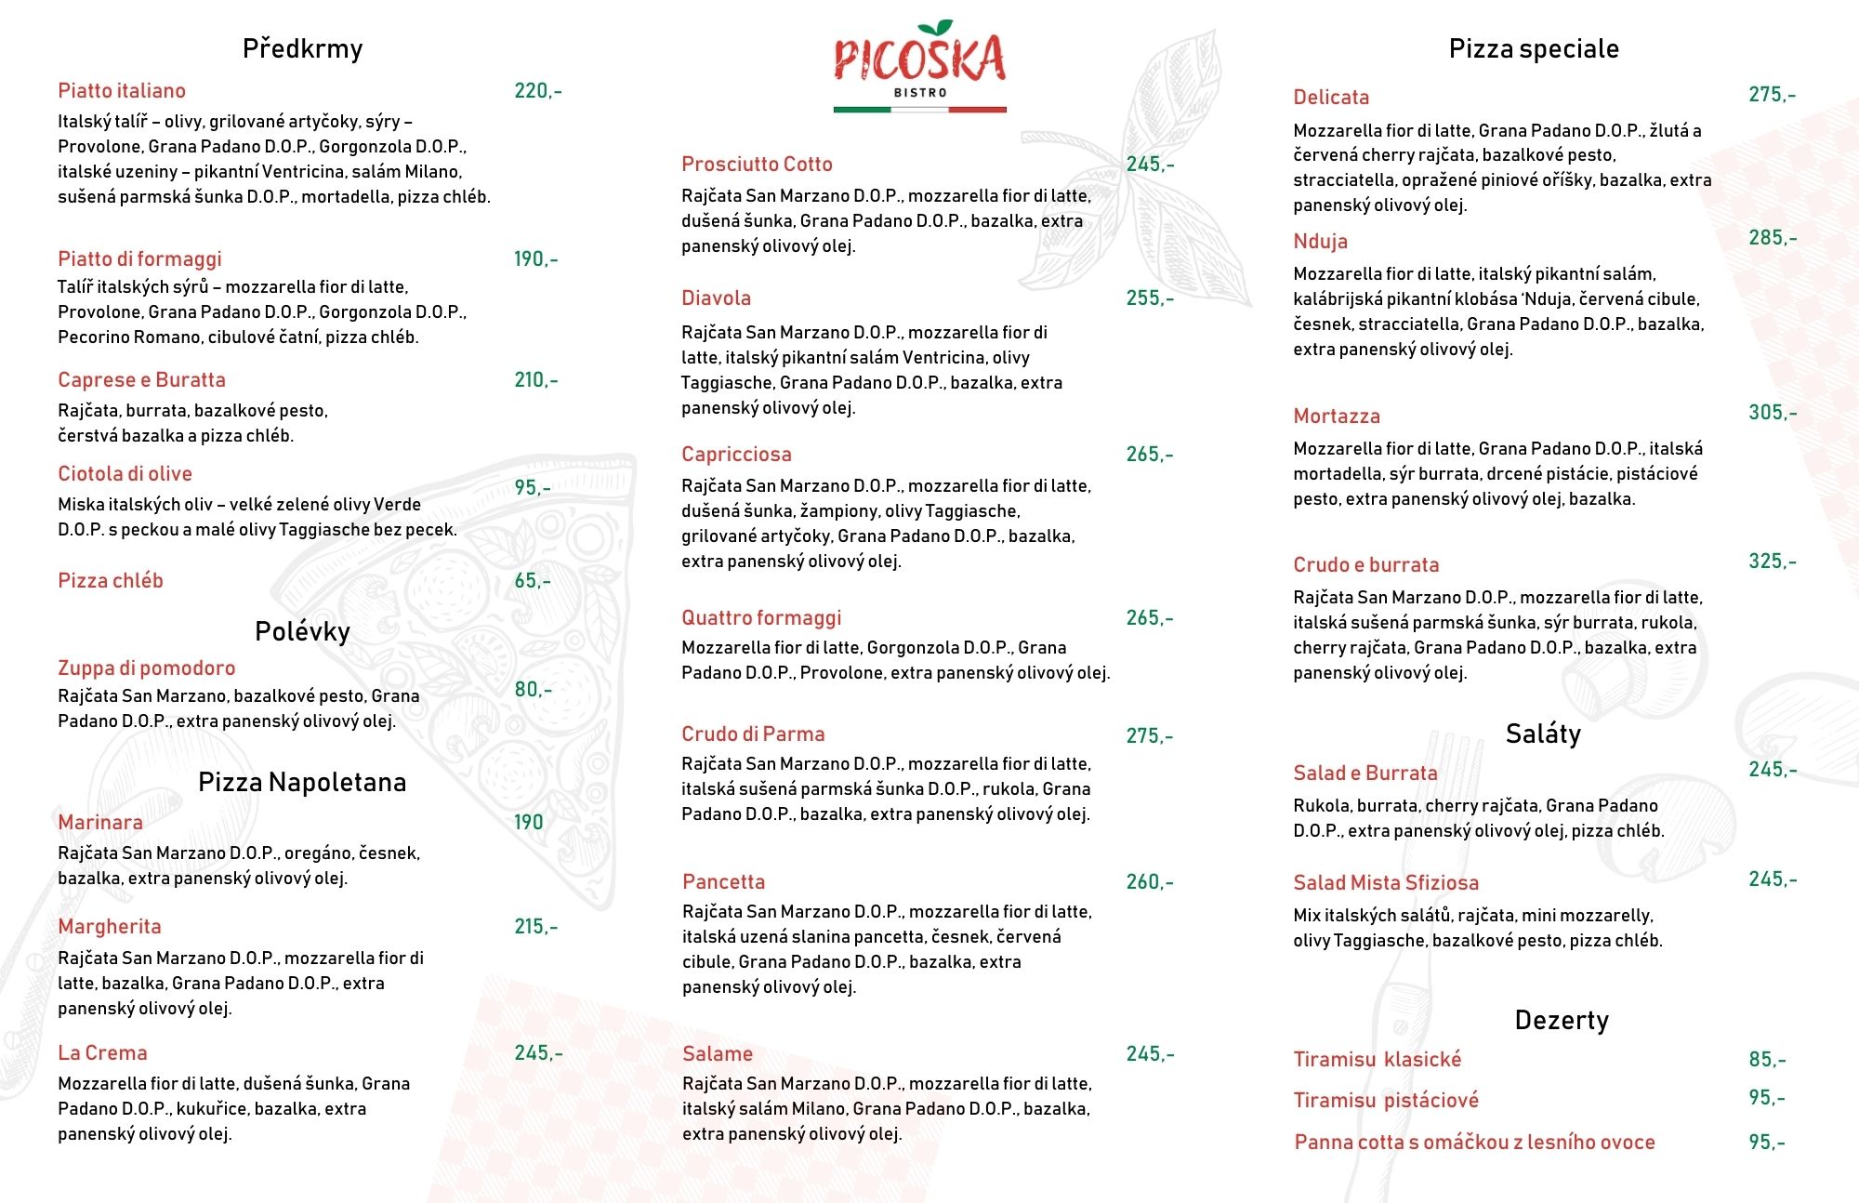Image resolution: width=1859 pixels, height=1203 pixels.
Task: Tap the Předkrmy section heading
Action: point(302,48)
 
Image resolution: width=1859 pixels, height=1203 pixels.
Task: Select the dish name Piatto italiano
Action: point(122,91)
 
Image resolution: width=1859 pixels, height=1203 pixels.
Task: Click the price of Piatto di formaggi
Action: point(535,258)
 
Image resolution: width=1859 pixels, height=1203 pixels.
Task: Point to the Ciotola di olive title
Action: point(125,474)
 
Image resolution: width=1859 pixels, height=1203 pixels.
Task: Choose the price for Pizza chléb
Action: point(533,581)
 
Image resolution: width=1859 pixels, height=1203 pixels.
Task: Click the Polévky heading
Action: point(302,632)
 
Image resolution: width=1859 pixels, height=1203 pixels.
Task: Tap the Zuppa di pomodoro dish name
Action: point(146,668)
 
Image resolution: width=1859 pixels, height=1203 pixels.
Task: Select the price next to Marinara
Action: point(528,823)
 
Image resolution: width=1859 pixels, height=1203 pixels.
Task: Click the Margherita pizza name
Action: point(110,927)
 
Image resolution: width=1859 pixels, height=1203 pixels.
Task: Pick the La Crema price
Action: point(537,1053)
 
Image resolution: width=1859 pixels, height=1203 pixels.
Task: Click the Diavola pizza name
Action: point(716,298)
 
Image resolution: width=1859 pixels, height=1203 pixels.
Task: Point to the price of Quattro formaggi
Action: point(1150,618)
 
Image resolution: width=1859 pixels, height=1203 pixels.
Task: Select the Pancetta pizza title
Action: point(723,882)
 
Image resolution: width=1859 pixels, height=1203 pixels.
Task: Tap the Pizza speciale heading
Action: point(1534,49)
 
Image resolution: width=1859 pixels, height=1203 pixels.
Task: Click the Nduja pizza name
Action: point(1320,242)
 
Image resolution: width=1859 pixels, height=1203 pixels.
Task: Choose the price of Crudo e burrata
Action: point(1772,562)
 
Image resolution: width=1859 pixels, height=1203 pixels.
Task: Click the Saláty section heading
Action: point(1543,734)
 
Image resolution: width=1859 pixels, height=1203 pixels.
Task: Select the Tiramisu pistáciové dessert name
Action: point(1386,1101)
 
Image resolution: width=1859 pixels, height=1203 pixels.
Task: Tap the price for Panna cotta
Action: point(1766,1143)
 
